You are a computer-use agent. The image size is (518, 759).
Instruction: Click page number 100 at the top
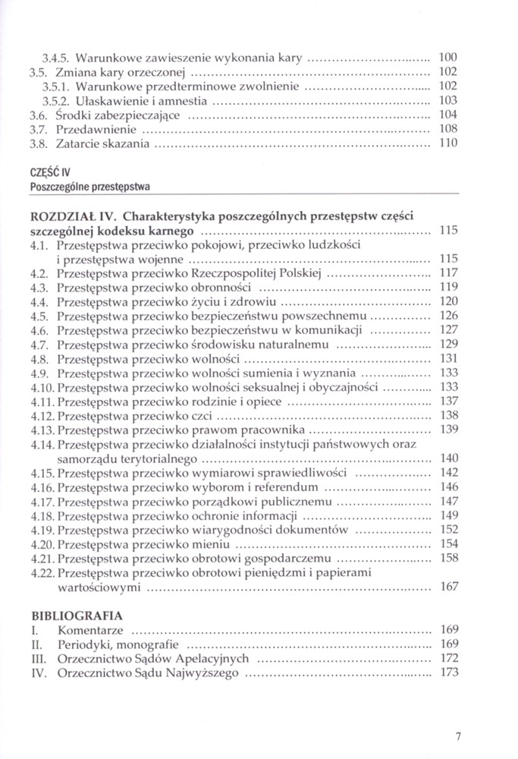(x=448, y=57)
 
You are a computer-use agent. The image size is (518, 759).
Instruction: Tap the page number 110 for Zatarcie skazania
(x=448, y=143)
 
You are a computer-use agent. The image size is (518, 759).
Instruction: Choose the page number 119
(x=448, y=287)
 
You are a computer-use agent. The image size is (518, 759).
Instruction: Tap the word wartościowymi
(x=99, y=587)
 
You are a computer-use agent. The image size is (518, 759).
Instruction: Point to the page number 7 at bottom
(x=459, y=735)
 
